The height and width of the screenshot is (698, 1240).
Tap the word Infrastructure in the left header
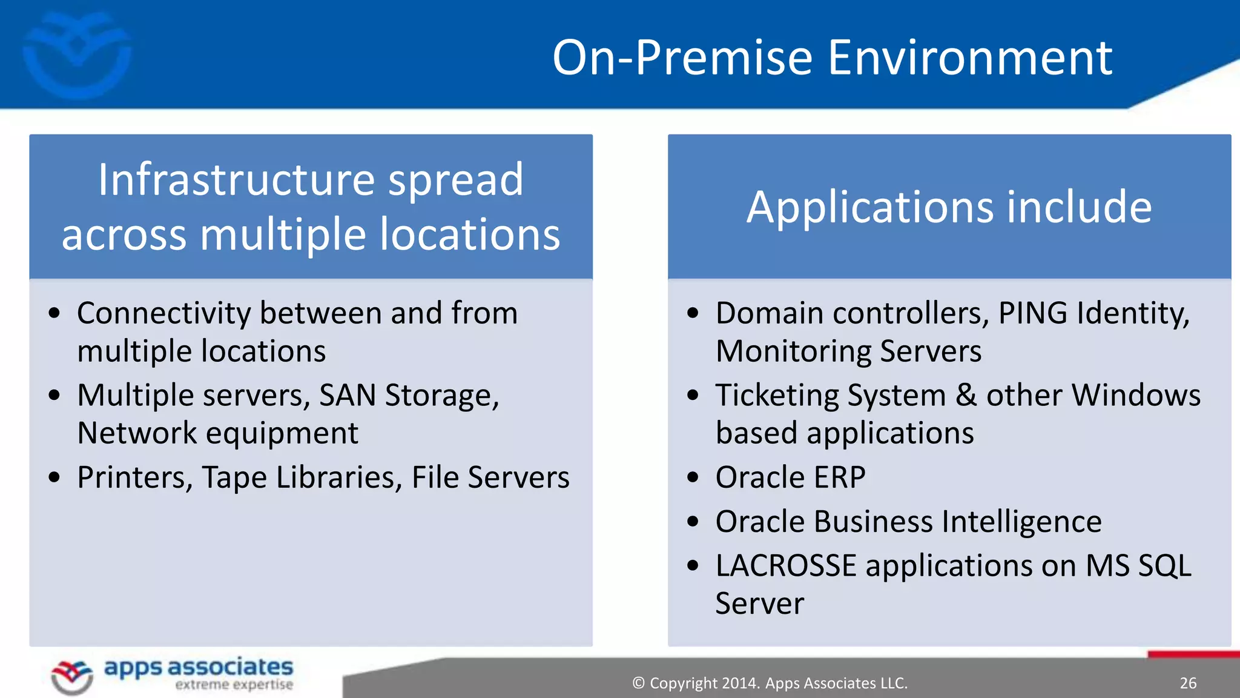point(237,180)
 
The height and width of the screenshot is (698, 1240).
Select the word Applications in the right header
point(869,208)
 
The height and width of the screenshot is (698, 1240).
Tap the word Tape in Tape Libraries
point(234,478)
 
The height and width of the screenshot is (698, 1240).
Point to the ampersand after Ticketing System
point(966,396)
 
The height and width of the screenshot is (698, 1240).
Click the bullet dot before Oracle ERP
point(693,477)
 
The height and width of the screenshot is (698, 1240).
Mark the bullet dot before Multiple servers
point(54,396)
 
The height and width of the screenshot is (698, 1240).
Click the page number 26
point(1188,683)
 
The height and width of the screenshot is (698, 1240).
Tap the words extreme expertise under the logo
point(234,685)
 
